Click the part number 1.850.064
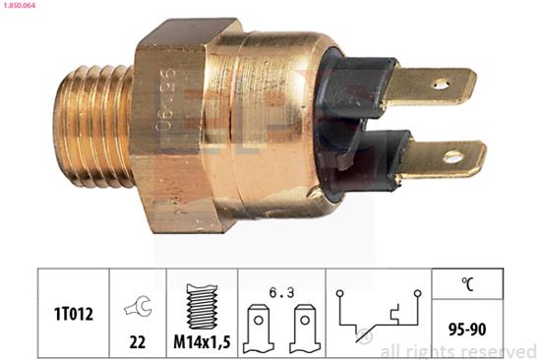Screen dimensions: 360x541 (x=22, y=7)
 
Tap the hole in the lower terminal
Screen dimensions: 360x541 (x=453, y=156)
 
